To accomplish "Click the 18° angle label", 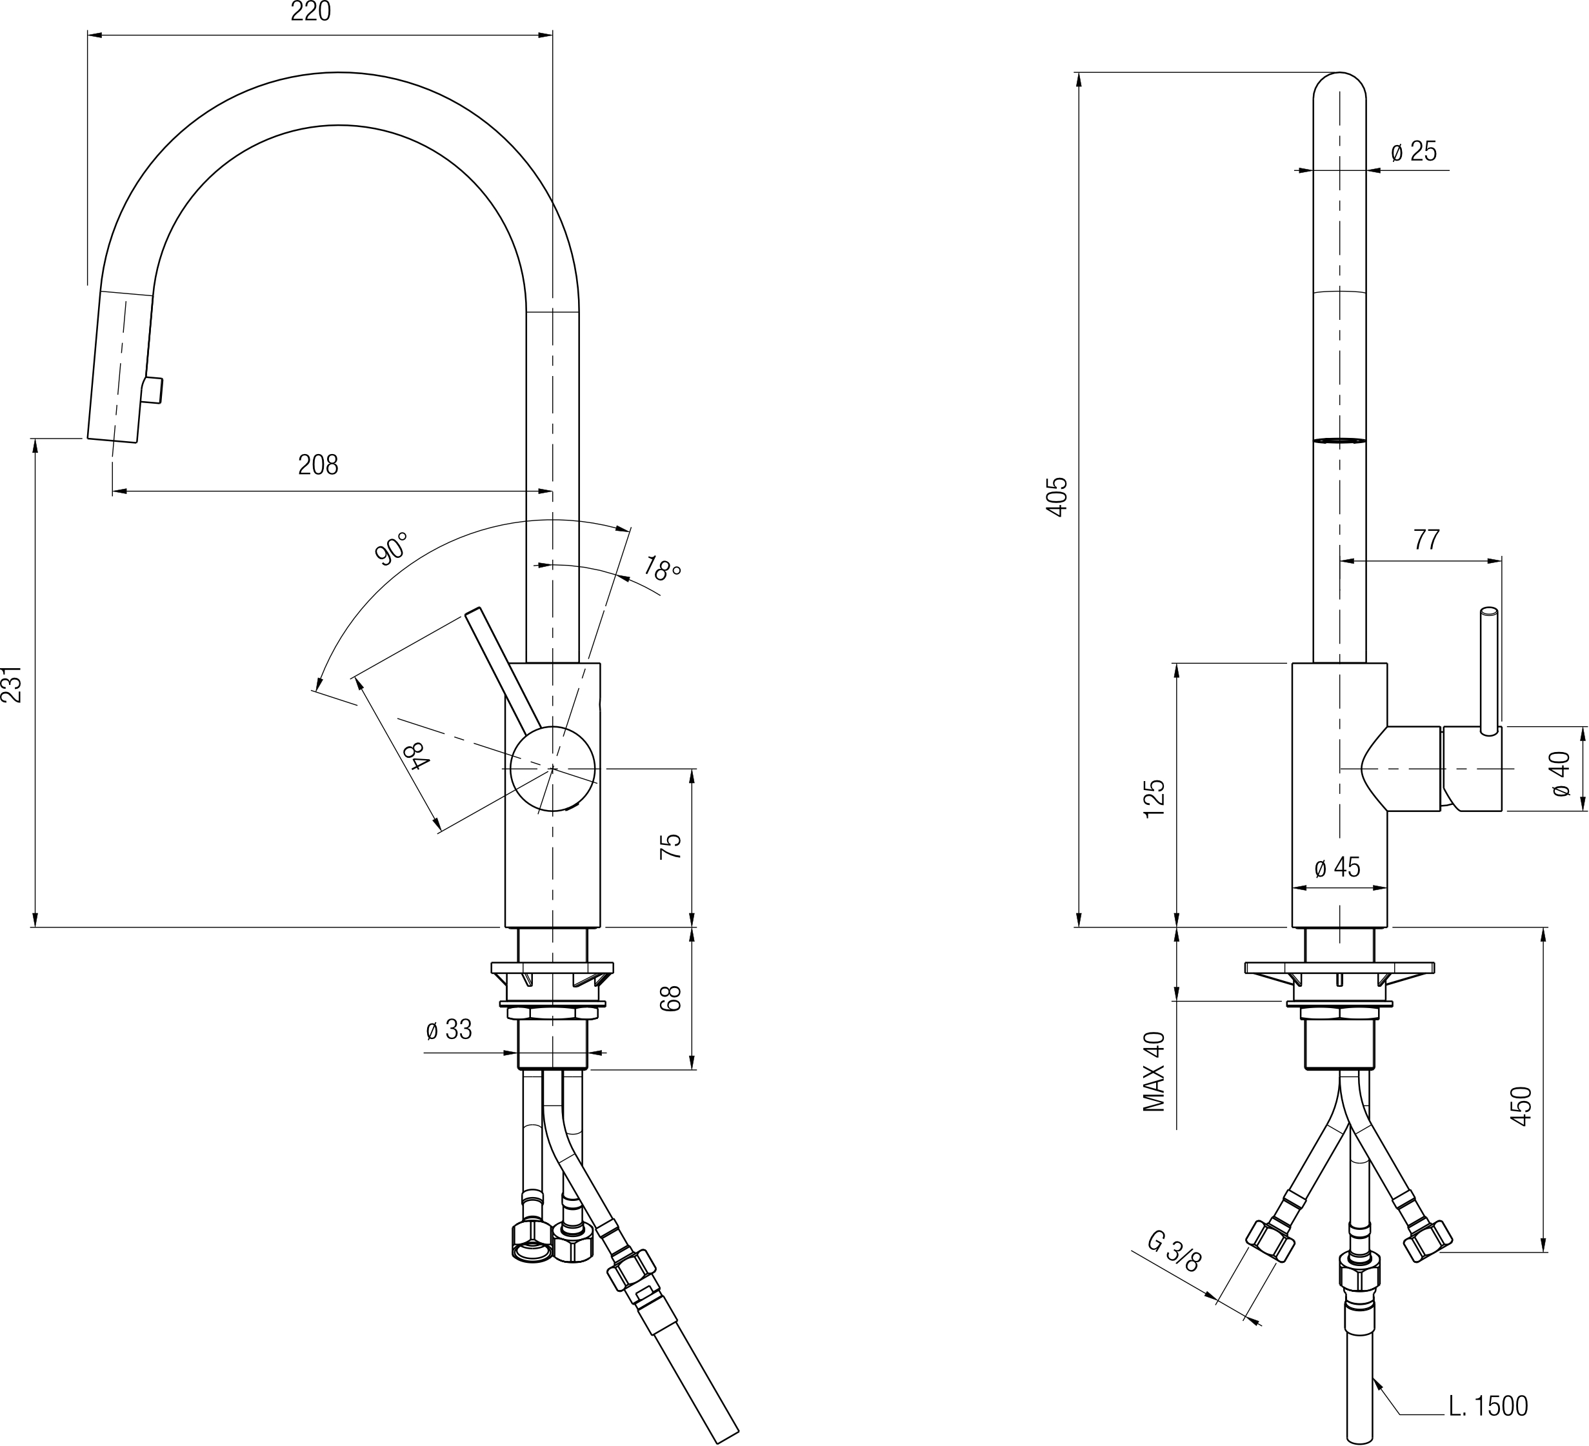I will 661,568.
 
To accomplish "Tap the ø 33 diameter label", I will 448,1029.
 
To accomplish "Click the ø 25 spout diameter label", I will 1414,152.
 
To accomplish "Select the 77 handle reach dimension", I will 1426,540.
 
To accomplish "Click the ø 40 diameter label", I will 1561,774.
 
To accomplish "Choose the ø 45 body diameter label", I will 1337,867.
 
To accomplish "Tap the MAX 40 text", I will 1154,1072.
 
